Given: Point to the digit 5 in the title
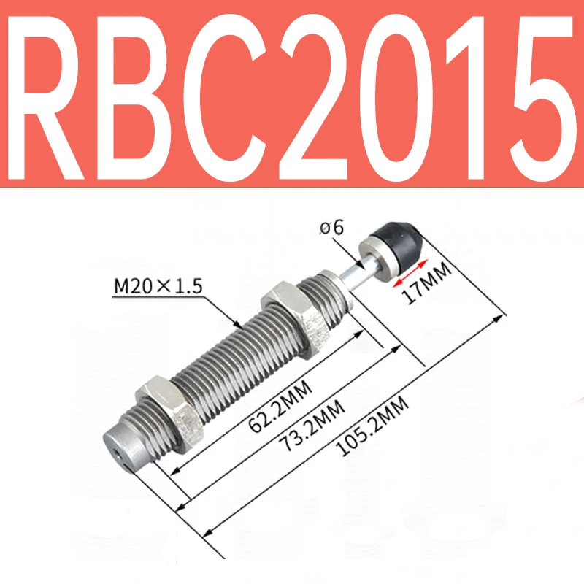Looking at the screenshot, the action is click(542, 99).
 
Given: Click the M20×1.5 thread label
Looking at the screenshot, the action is click(158, 286).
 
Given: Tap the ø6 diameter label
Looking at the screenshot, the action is click(332, 228).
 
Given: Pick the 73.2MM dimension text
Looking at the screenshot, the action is click(312, 425).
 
